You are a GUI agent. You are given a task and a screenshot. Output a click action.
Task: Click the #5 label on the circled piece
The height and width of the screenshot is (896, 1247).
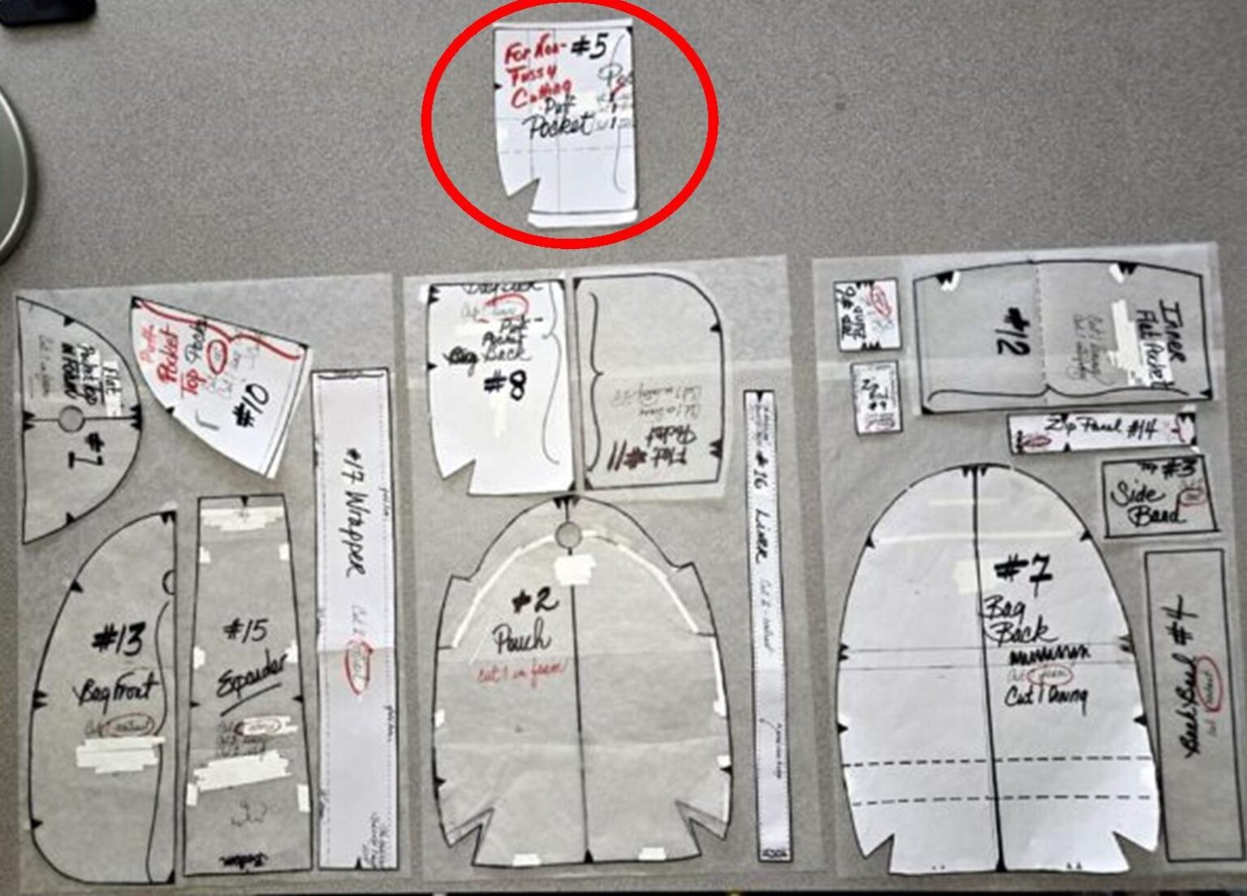589,48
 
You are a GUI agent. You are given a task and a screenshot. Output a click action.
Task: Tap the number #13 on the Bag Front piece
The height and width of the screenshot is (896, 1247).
119,640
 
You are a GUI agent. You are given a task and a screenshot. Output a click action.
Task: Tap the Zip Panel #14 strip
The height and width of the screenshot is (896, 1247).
1102,431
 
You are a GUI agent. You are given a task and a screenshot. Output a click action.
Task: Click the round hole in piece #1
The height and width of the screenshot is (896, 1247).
71,419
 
